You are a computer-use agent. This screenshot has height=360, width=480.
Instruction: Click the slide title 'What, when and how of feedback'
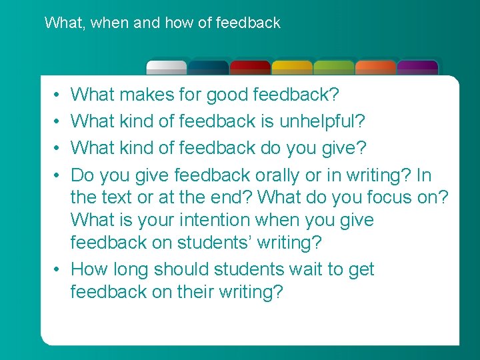[162, 23]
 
